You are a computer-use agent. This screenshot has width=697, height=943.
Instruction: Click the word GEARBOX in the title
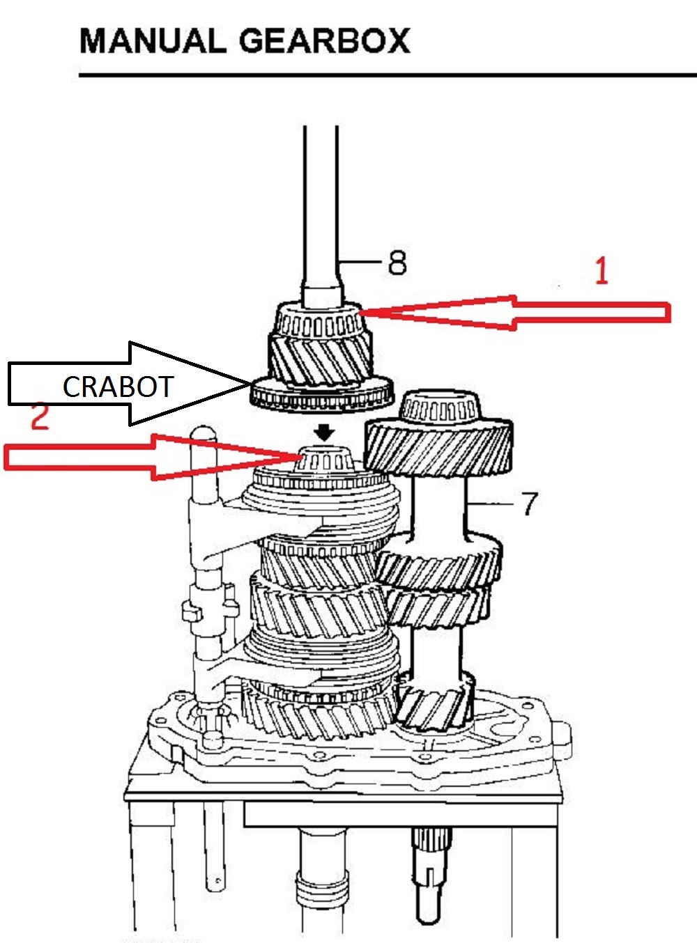(325, 41)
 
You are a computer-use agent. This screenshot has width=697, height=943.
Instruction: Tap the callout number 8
(397, 263)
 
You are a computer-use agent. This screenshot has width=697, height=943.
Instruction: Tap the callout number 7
(530, 503)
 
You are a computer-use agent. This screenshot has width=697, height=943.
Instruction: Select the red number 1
(602, 271)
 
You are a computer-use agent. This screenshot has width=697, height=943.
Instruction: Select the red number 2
(40, 417)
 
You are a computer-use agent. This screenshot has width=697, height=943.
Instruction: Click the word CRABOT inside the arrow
(117, 387)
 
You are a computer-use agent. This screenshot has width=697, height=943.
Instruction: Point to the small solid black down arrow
(324, 432)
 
